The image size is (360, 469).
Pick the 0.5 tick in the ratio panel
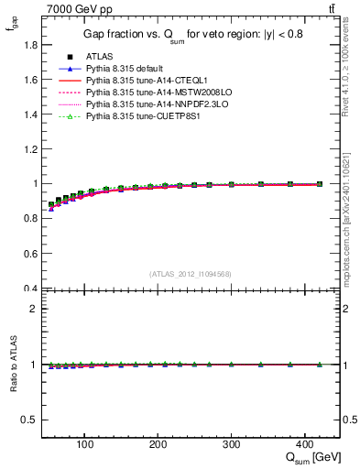(33, 420)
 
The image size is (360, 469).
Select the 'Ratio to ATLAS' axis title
(12, 364)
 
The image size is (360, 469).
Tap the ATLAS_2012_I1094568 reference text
(190, 273)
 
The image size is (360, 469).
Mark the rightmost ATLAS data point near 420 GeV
(319, 184)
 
